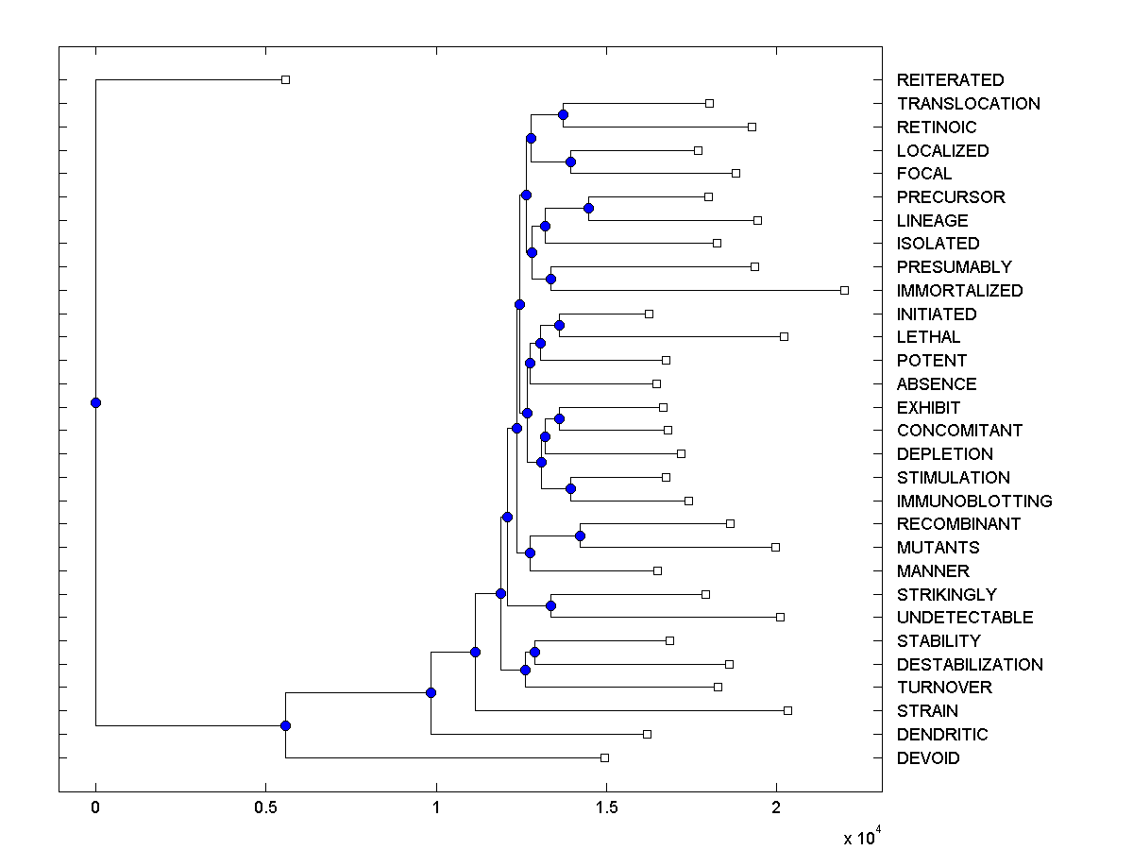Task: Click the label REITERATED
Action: pyautogui.click(x=950, y=80)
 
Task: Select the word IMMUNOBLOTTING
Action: pyautogui.click(x=974, y=501)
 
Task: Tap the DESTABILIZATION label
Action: pyautogui.click(x=970, y=665)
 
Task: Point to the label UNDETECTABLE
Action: pyautogui.click(x=965, y=618)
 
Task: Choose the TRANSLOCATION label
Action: pyautogui.click(x=968, y=104)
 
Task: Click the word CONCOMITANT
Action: pyautogui.click(x=959, y=431)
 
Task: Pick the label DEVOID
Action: pyautogui.click(x=928, y=758)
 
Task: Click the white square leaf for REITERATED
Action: pyautogui.click(x=285, y=80)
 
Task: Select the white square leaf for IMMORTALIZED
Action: pyautogui.click(x=844, y=290)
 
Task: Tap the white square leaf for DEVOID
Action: pyautogui.click(x=604, y=757)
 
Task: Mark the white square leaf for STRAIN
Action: pyautogui.click(x=787, y=710)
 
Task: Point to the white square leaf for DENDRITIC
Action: pyautogui.click(x=647, y=734)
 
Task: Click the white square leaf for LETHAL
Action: pyautogui.click(x=784, y=336)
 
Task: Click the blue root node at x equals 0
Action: pyautogui.click(x=95, y=402)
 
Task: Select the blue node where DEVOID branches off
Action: pyautogui.click(x=285, y=725)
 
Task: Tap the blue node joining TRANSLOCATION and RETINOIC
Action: pyautogui.click(x=563, y=115)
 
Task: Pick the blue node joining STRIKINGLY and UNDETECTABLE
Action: pyautogui.click(x=550, y=605)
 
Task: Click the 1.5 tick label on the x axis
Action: pyautogui.click(x=606, y=807)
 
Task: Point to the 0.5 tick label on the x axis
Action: pyautogui.click(x=265, y=807)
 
